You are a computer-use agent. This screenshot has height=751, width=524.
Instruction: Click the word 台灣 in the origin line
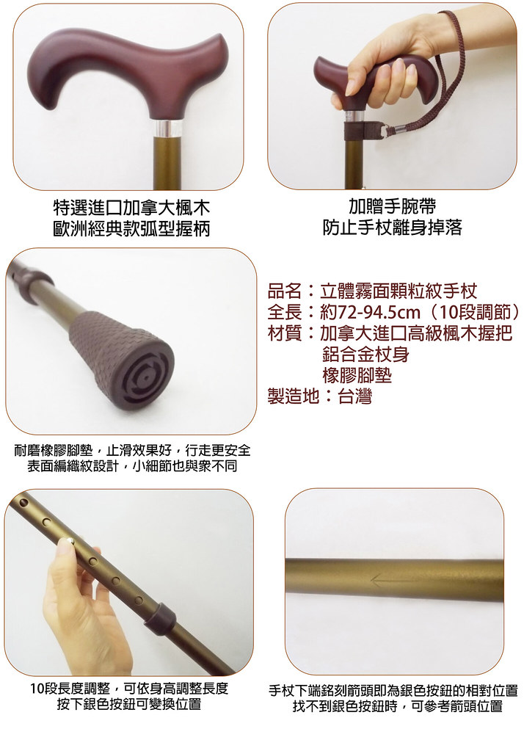(355, 396)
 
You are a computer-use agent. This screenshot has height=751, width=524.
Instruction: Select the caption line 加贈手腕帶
(393, 206)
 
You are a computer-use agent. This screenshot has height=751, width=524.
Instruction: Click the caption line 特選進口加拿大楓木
(131, 208)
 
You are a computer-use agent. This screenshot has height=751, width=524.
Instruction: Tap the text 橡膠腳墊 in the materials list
(357, 376)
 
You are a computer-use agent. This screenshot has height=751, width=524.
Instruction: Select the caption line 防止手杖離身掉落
(393, 228)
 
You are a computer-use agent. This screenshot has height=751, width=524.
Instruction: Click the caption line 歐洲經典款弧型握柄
(131, 229)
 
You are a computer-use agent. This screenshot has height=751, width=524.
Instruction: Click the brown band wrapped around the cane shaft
(354, 130)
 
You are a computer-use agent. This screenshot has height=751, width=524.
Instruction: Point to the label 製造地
(293, 396)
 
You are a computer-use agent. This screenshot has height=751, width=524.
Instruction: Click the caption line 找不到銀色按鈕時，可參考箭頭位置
(398, 706)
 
